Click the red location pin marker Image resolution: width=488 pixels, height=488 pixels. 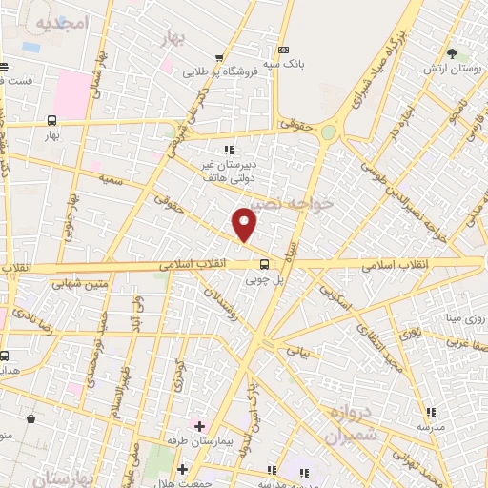(245, 223)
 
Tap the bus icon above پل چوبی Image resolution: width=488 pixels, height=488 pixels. (265, 266)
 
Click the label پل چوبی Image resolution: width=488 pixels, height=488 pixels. (266, 280)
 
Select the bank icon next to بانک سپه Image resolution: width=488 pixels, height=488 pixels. (283, 51)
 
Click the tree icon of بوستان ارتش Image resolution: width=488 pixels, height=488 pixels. (452, 52)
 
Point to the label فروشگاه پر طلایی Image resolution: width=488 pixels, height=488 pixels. (208, 70)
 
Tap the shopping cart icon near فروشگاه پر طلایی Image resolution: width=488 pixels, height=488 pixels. (220, 57)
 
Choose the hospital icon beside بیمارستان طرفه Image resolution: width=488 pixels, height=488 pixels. (199, 425)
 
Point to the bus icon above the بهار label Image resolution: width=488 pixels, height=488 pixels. (51, 121)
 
